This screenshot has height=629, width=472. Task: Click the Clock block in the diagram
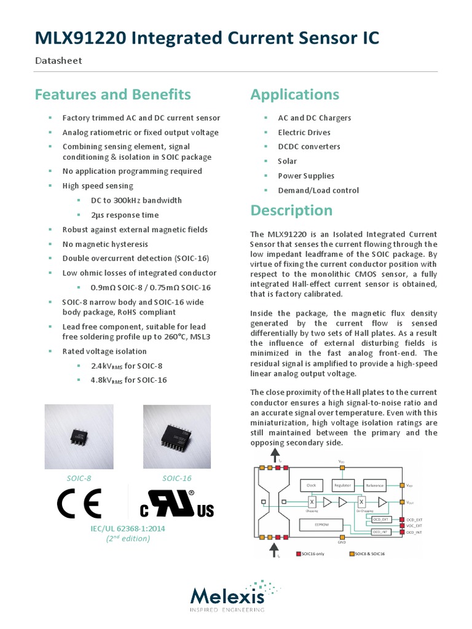pyautogui.click(x=311, y=485)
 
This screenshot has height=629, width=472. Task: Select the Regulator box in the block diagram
pyautogui.click(x=342, y=485)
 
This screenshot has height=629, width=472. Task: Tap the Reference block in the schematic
pyautogui.click(x=374, y=485)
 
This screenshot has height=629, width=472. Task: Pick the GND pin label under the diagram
pyautogui.click(x=342, y=542)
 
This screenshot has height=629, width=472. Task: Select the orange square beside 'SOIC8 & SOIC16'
pyautogui.click(x=352, y=553)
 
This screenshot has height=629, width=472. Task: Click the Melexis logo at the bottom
pyautogui.click(x=227, y=596)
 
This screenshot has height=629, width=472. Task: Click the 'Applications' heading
pyautogui.click(x=294, y=95)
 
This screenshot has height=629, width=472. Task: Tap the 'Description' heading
pyautogui.click(x=291, y=210)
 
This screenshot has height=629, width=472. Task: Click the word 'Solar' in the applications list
pyautogui.click(x=287, y=161)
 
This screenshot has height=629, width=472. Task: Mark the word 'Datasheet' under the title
pyautogui.click(x=58, y=60)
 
